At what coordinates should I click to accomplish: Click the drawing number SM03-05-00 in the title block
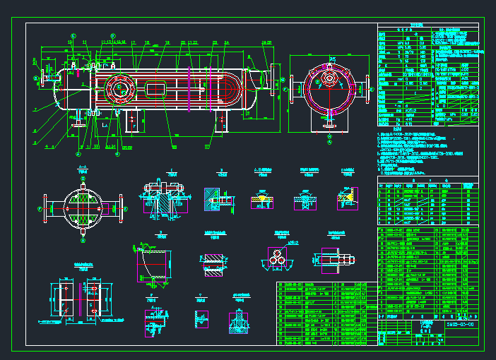click(460, 326)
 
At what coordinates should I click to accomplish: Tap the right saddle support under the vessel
click(222, 121)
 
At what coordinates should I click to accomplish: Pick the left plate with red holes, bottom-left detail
click(62, 299)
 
